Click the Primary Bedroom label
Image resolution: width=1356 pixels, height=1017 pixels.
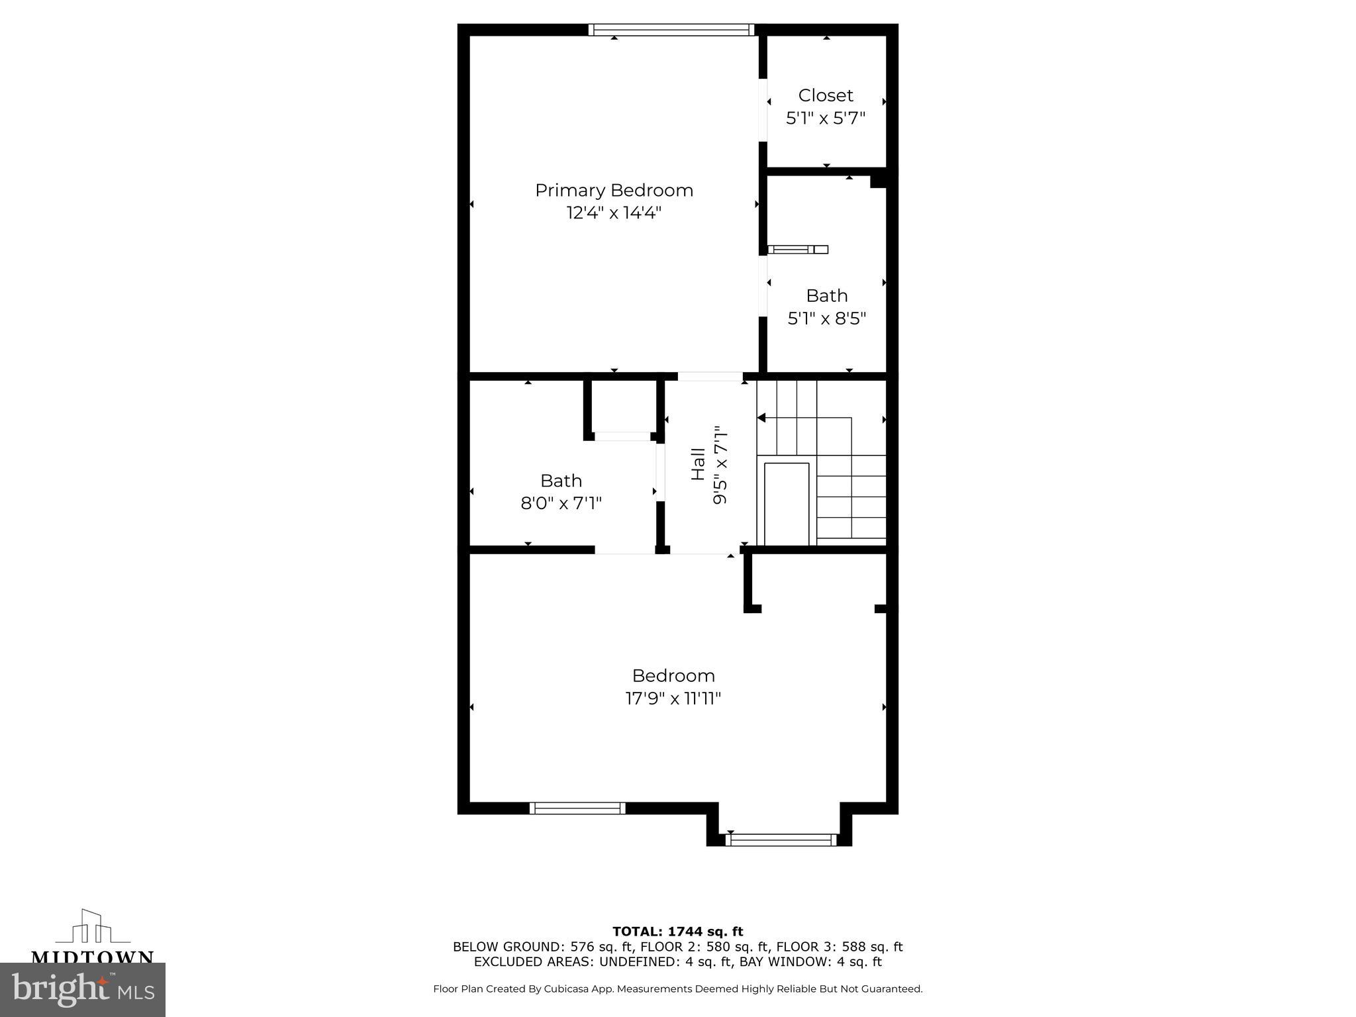pyautogui.click(x=614, y=191)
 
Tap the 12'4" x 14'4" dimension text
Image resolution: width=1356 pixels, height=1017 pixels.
pyautogui.click(x=614, y=213)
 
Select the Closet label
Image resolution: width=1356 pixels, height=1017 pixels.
pyautogui.click(x=826, y=95)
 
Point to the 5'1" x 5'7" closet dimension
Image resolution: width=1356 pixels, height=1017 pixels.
pyautogui.click(x=826, y=119)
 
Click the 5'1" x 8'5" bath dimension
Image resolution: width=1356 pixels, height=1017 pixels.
pyautogui.click(x=826, y=318)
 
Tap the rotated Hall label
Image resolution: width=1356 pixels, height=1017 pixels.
pyautogui.click(x=698, y=464)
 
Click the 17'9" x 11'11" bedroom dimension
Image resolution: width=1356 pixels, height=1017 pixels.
pyautogui.click(x=673, y=699)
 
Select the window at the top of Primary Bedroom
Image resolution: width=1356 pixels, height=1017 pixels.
pyautogui.click(x=671, y=30)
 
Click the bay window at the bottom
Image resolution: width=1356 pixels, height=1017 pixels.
pyautogui.click(x=781, y=840)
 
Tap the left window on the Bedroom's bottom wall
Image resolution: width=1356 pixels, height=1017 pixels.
pyautogui.click(x=577, y=808)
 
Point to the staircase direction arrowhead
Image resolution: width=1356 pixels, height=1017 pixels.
pyautogui.click(x=761, y=418)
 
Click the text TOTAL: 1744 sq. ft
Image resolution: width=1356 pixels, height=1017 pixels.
pyautogui.click(x=677, y=932)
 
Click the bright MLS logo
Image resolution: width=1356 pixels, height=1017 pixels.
pyautogui.click(x=83, y=990)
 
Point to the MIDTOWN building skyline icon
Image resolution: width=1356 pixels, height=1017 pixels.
pyautogui.click(x=92, y=927)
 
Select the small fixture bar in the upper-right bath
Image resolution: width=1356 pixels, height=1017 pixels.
pyautogui.click(x=798, y=250)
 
